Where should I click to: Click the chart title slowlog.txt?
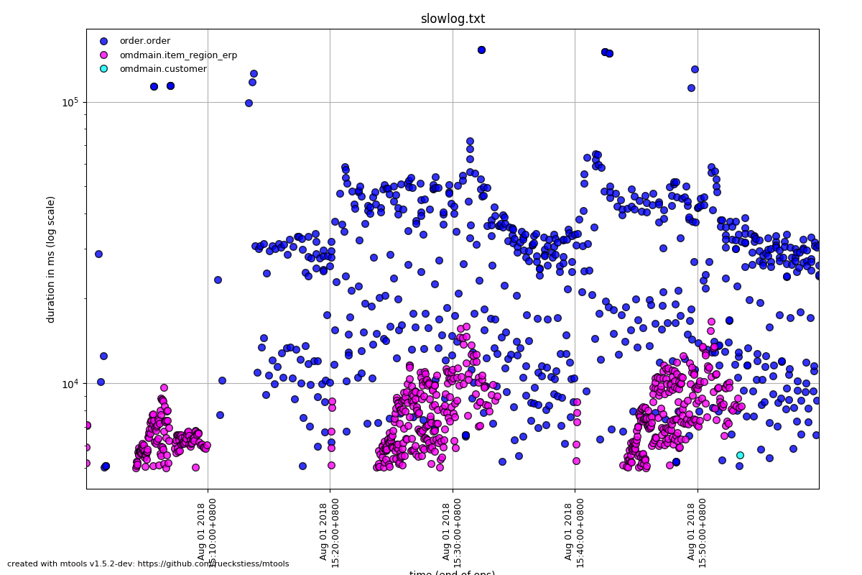[x=453, y=19]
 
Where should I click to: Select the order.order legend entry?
[x=144, y=41]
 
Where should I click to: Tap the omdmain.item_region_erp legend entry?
[x=178, y=55]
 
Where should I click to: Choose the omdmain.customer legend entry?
[x=162, y=69]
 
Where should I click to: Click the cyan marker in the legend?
[x=103, y=69]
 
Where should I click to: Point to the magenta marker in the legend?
[x=103, y=55]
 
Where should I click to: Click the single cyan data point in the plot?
[x=740, y=455]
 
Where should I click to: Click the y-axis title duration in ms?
[x=51, y=259]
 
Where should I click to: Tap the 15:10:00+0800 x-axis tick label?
[x=206, y=532]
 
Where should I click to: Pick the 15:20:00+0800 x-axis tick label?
[x=329, y=532]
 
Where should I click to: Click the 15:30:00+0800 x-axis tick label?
[x=451, y=532]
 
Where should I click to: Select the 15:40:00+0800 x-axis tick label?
[x=573, y=532]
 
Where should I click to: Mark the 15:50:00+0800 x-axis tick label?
[x=696, y=532]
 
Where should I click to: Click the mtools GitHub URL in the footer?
[x=215, y=564]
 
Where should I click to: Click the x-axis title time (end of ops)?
[x=453, y=573]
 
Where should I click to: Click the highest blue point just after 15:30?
[x=481, y=50]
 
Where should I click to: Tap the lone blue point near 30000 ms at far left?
[x=98, y=254]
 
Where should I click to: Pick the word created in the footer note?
[x=22, y=564]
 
